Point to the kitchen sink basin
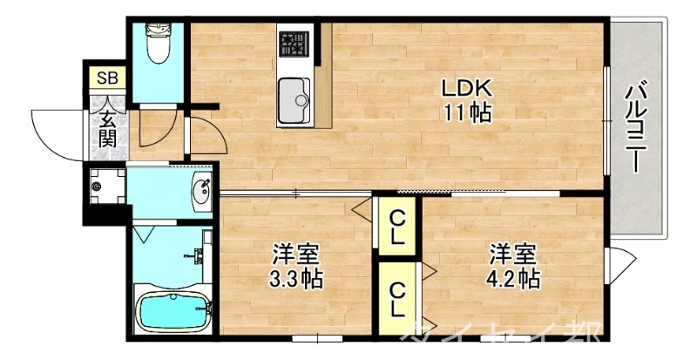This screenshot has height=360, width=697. (x=294, y=94)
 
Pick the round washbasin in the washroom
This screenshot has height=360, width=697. (x=202, y=190)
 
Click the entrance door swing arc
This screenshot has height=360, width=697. (x=54, y=131)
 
